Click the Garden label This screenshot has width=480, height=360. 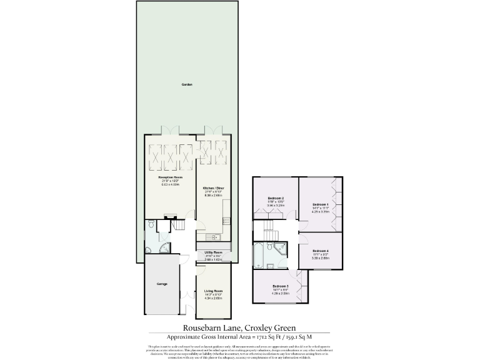click(187, 84)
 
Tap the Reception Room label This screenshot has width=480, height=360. click(170, 177)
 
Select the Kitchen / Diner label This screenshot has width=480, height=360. click(213, 187)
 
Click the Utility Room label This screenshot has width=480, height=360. click(213, 252)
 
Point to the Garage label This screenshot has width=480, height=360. click(162, 284)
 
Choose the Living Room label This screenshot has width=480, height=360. click(213, 291)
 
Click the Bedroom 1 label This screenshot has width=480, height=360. click(320, 204)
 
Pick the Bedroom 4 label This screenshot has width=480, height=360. click(320, 251)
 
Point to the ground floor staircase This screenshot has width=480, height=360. click(179, 222)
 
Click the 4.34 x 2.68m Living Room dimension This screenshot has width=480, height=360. click(213, 297)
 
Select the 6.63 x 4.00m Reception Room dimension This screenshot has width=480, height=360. click(170, 184)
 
